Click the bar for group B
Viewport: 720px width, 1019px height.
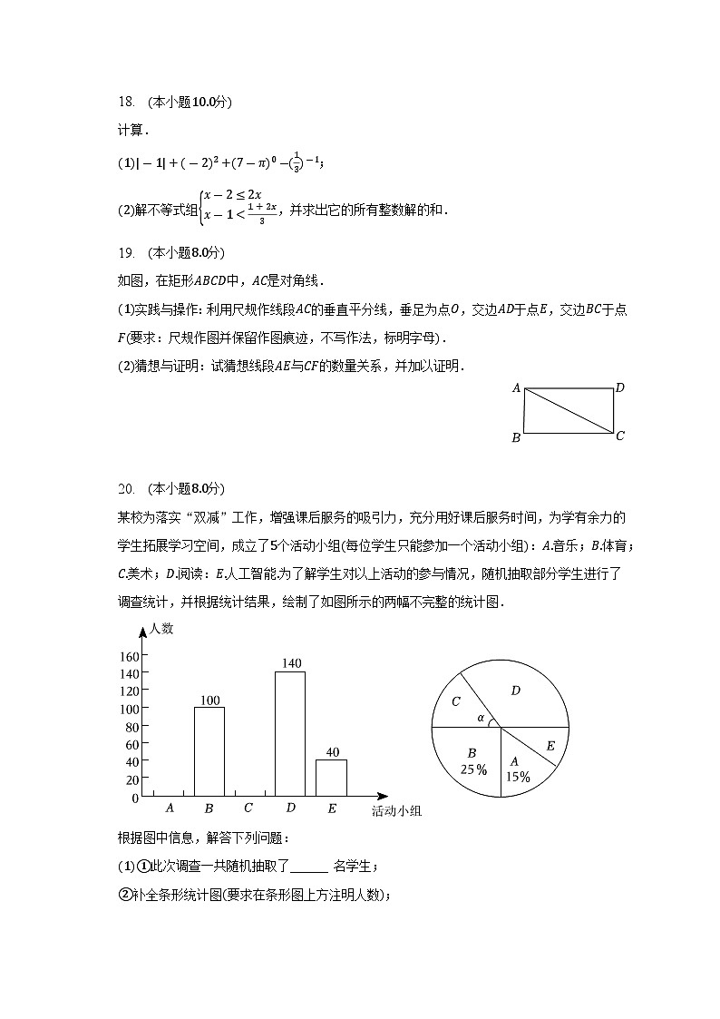click(x=209, y=751)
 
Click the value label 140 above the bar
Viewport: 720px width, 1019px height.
click(x=290, y=663)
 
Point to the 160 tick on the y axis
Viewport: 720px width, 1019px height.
click(x=128, y=656)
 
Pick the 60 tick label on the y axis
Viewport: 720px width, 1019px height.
click(x=131, y=744)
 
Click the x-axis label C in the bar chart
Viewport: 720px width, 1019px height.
click(x=248, y=808)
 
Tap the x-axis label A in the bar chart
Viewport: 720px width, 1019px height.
click(x=170, y=808)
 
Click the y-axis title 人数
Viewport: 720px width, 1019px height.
click(x=162, y=628)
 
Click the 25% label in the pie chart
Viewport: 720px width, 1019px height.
click(x=472, y=769)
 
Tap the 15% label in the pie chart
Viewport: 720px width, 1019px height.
click(x=518, y=777)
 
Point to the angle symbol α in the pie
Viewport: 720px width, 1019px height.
click(x=481, y=718)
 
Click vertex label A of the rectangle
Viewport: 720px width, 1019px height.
click(x=515, y=388)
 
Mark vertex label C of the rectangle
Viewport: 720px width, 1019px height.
click(x=620, y=436)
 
